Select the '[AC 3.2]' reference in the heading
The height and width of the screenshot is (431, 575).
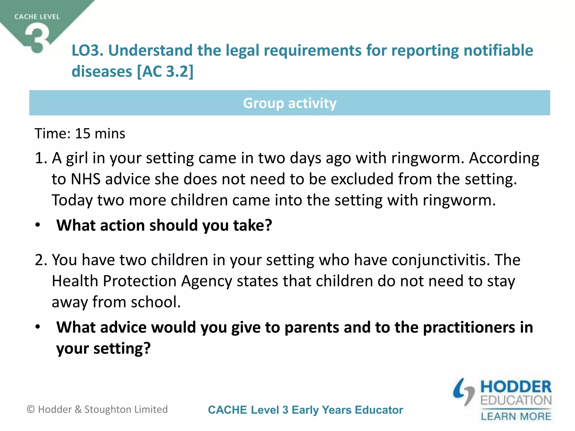coord(165,72)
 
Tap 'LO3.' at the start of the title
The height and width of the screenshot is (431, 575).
coord(87,51)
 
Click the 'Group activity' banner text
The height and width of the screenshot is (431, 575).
coord(289,103)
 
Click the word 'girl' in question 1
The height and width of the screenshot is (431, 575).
coord(77,158)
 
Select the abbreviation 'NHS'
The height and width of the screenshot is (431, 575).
coord(86,179)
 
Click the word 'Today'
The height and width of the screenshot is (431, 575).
coord(72,200)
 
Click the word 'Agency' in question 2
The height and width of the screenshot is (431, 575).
coord(207,281)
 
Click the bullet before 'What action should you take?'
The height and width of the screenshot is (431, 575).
coord(38,225)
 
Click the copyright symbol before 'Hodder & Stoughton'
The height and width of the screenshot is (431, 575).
coord(31,409)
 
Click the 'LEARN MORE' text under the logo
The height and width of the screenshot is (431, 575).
coord(516,416)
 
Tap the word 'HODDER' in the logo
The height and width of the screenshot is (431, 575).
coord(516,387)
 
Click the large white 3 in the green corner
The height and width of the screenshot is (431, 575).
coord(37,38)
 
